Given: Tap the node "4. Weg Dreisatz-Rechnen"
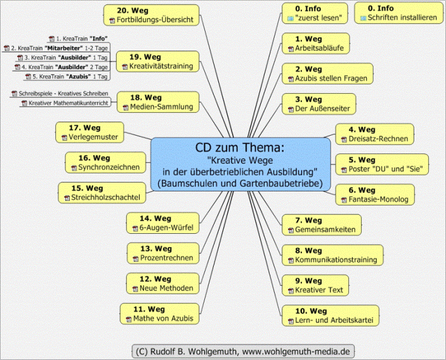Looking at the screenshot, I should [x=374, y=134].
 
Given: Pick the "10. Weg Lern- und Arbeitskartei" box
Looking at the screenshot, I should [x=330, y=316].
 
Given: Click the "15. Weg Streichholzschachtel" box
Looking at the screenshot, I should [x=101, y=193].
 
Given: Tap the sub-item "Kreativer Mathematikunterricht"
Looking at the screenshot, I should [x=63, y=103].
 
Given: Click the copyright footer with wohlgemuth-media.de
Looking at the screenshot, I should [x=242, y=350].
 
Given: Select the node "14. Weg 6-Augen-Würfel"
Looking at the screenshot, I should [x=162, y=222].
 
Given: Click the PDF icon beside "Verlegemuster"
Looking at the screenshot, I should [x=64, y=136].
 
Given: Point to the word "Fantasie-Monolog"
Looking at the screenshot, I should [x=378, y=200].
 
